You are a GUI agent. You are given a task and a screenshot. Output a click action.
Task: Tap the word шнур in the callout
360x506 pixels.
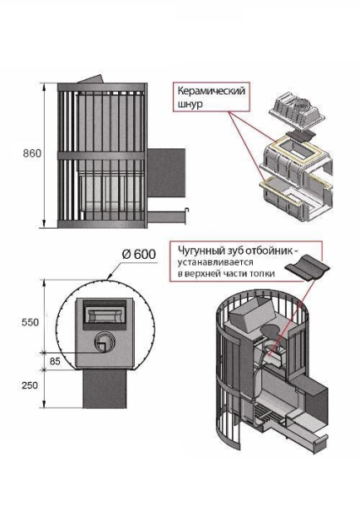[190, 104]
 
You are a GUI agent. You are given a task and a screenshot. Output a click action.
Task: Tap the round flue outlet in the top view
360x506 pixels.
[104, 342]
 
